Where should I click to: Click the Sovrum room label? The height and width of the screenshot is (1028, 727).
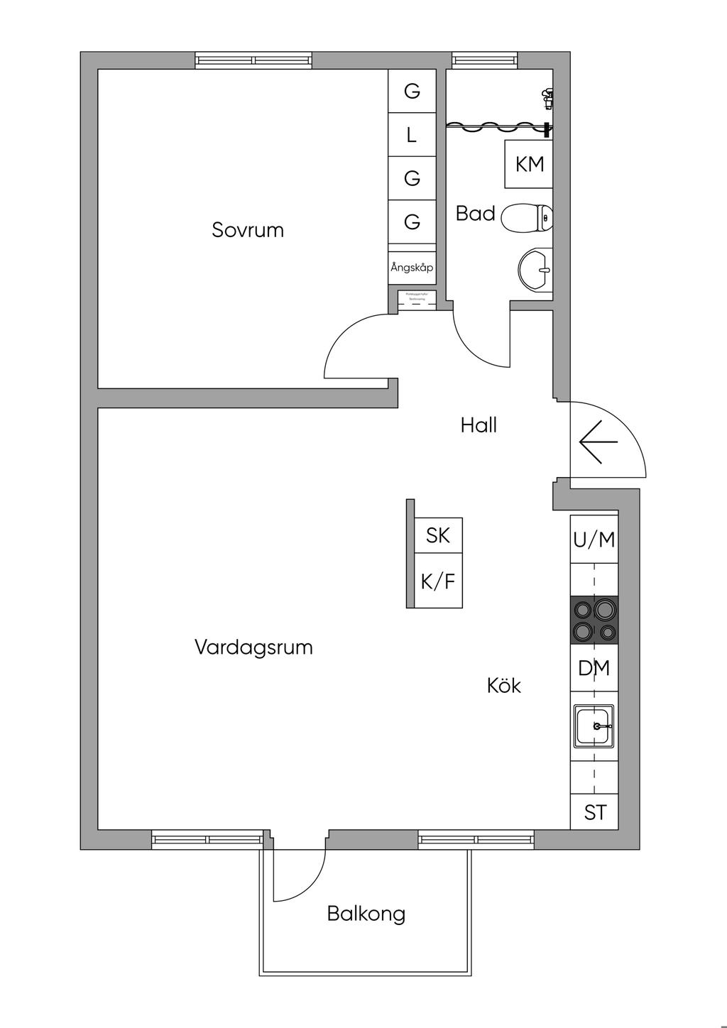point(248,230)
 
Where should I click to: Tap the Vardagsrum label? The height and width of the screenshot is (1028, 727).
point(253,647)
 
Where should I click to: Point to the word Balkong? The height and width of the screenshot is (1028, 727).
point(366,913)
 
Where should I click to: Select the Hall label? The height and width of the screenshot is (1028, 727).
point(479,425)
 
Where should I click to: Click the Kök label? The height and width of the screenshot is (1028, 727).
point(504,685)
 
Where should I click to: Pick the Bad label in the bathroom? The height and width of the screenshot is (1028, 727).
point(475,213)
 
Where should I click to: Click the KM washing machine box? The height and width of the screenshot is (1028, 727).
point(529,164)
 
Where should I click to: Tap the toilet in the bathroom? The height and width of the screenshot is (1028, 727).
point(527,218)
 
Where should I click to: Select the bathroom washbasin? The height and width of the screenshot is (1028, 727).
point(535,270)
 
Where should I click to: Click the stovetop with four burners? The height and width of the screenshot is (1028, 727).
point(594,620)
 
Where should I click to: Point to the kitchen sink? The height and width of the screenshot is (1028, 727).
point(594,726)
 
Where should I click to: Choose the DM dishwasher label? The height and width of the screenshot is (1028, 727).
point(594,668)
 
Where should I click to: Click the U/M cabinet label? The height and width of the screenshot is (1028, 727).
point(594,540)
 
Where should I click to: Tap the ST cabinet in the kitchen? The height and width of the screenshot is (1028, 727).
point(594,811)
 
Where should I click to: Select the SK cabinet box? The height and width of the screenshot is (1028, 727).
point(438,535)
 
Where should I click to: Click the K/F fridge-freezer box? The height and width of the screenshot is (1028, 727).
point(438,581)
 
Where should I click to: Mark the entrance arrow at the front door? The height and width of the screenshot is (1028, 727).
point(598,442)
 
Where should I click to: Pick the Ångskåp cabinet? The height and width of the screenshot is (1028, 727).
point(412,268)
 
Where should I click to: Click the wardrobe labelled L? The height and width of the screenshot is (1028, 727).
point(412,135)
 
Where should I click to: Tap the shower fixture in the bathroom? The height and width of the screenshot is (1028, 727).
point(547,97)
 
